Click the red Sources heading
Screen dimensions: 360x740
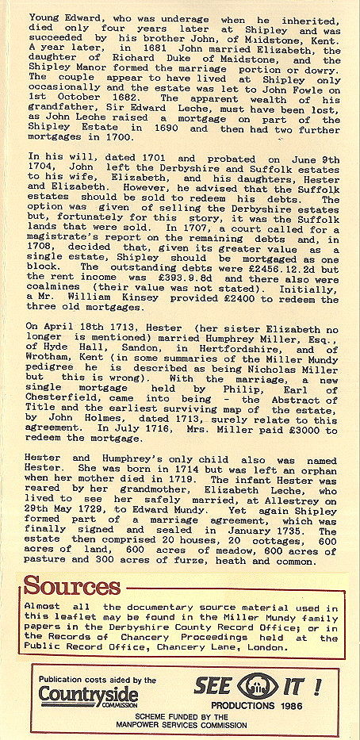coord(71,587)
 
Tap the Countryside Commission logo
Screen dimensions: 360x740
coord(88,696)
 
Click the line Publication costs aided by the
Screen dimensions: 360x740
coord(98,680)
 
